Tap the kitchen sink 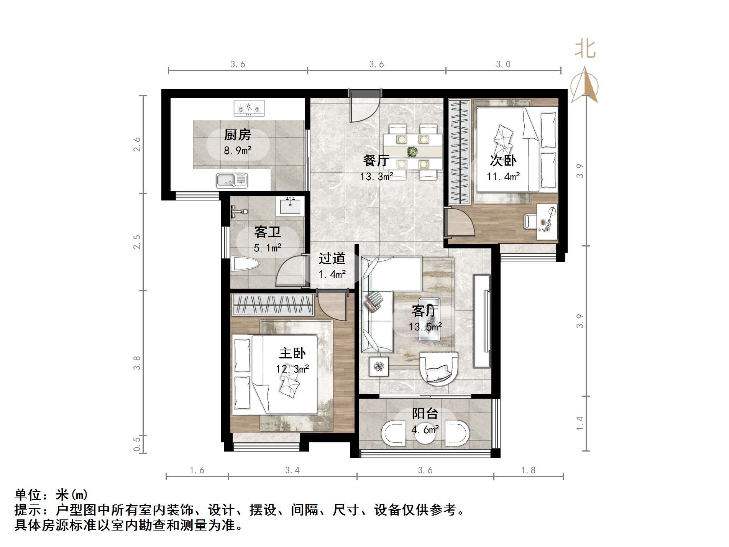[x=232, y=180]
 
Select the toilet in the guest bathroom [x=245, y=264]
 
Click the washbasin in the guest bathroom [x=290, y=207]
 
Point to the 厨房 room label [x=238, y=135]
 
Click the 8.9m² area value [x=238, y=150]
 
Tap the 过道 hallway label [x=332, y=259]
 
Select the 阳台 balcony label [x=425, y=414]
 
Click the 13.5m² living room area [x=425, y=327]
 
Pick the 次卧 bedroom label [x=503, y=161]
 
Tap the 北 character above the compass [x=585, y=49]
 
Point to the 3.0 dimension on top [x=503, y=64]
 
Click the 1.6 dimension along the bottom [x=197, y=470]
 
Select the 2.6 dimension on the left [x=137, y=145]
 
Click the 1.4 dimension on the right [x=580, y=423]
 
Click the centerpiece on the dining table [x=412, y=152]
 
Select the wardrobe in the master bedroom [x=273, y=305]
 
